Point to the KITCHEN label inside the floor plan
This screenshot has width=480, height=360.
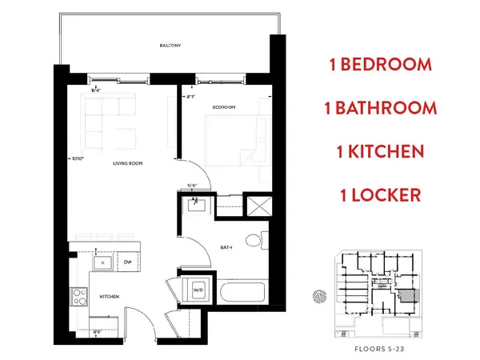tap(110, 296)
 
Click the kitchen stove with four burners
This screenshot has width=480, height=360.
tap(80, 297)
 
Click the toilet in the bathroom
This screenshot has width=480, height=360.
tap(254, 239)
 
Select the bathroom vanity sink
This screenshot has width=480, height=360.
tap(195, 205)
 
